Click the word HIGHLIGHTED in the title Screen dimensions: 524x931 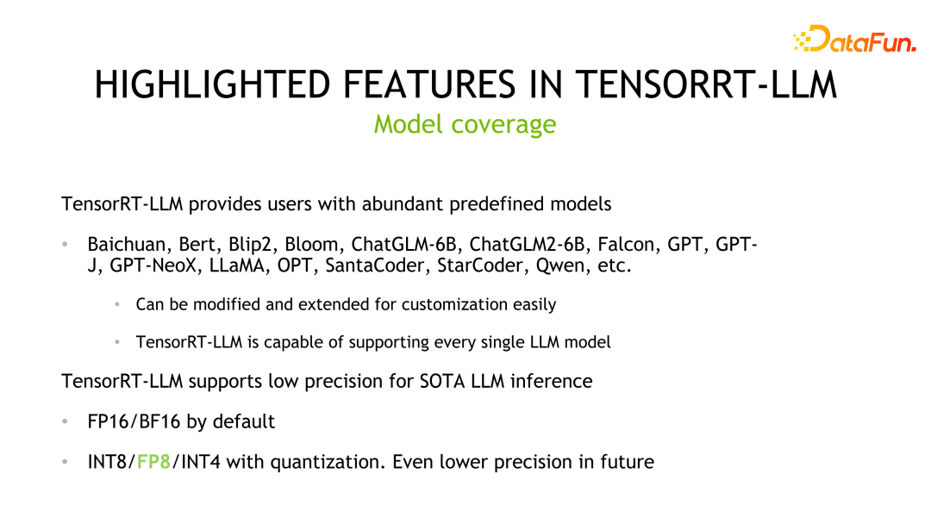(212, 85)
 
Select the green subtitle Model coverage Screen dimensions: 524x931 (465, 124)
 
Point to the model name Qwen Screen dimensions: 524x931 (561, 266)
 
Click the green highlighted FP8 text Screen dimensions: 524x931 (153, 462)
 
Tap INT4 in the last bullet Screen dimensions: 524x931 (198, 462)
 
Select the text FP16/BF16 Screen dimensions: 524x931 (134, 421)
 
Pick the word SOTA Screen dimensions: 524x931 (441, 380)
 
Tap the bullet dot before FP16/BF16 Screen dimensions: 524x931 (65, 421)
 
